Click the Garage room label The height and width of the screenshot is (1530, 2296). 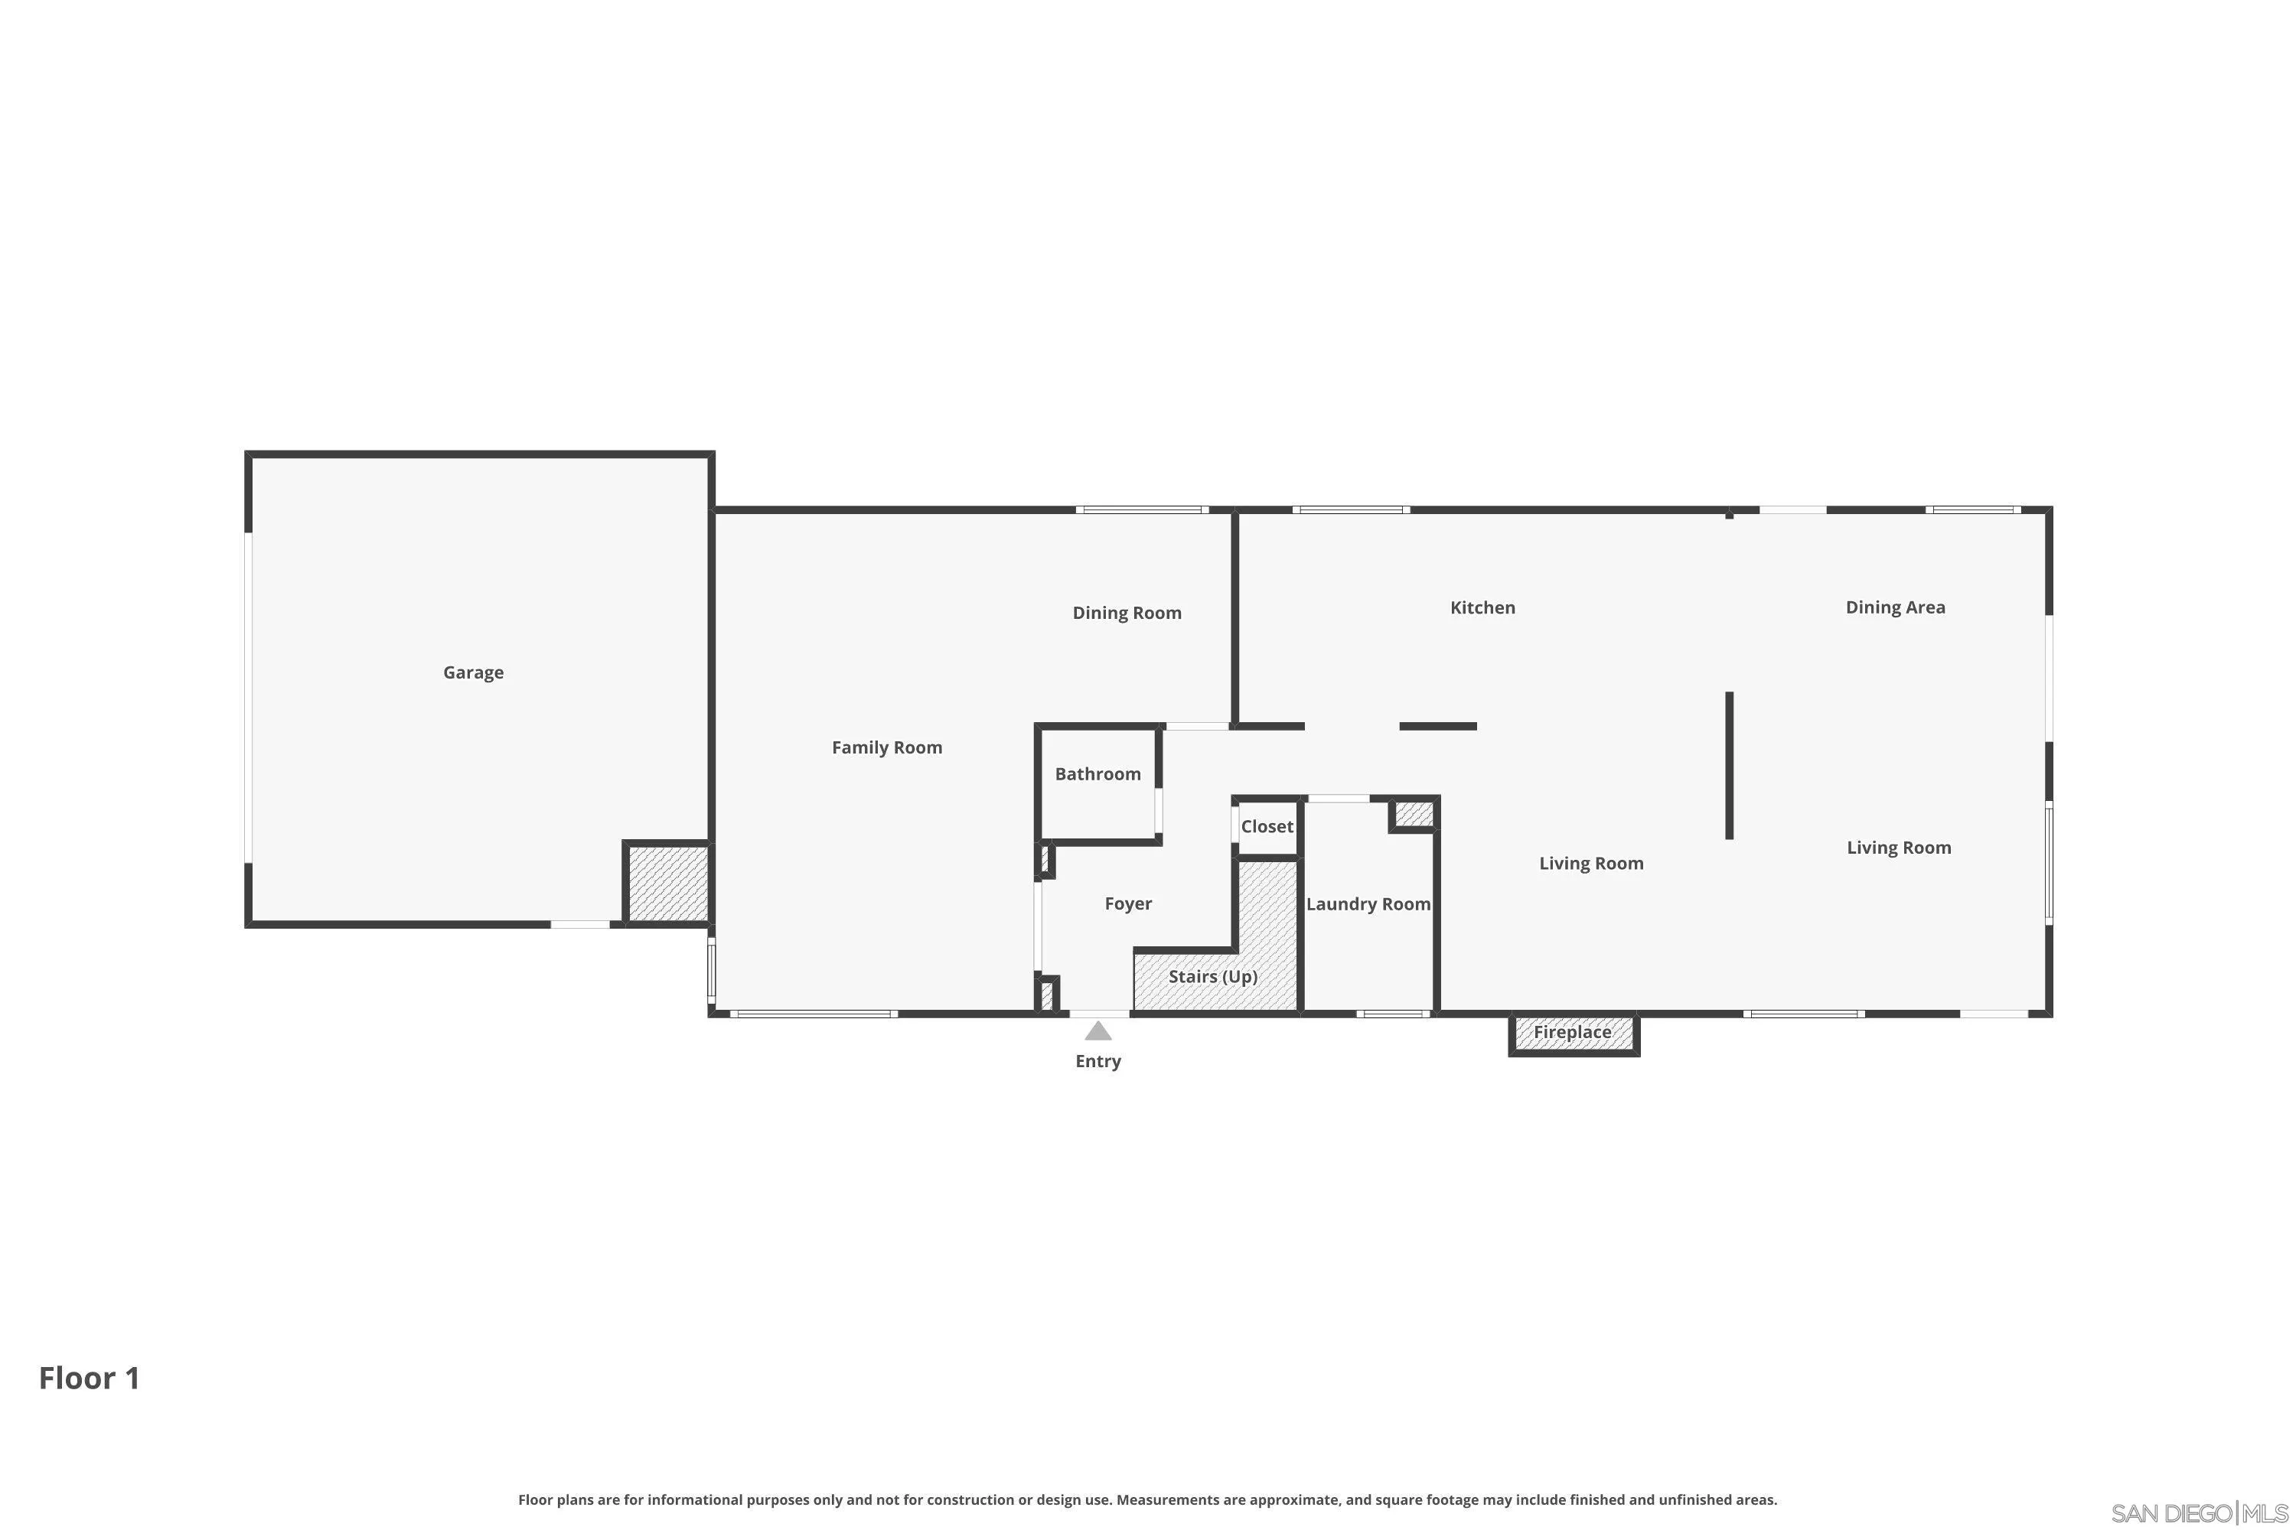474,672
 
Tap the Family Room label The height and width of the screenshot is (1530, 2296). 886,747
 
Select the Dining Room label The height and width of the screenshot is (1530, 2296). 1127,613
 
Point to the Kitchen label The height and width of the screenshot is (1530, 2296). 1482,608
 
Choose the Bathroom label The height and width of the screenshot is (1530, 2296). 1097,773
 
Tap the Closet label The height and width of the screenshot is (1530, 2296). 1266,826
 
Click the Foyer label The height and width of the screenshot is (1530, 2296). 1127,903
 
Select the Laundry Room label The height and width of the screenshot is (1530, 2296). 1368,903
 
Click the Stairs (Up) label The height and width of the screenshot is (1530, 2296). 1212,977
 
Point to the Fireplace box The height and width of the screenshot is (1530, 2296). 1573,1032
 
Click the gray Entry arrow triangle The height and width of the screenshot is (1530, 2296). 1098,1031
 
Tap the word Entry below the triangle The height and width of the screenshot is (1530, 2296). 1098,1062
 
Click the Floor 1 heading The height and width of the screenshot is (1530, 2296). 89,1378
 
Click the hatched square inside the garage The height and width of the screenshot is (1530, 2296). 667,883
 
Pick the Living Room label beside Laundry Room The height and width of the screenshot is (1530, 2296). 1591,864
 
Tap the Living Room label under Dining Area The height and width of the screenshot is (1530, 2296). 1899,848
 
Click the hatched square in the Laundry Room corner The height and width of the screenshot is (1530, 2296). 1414,814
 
